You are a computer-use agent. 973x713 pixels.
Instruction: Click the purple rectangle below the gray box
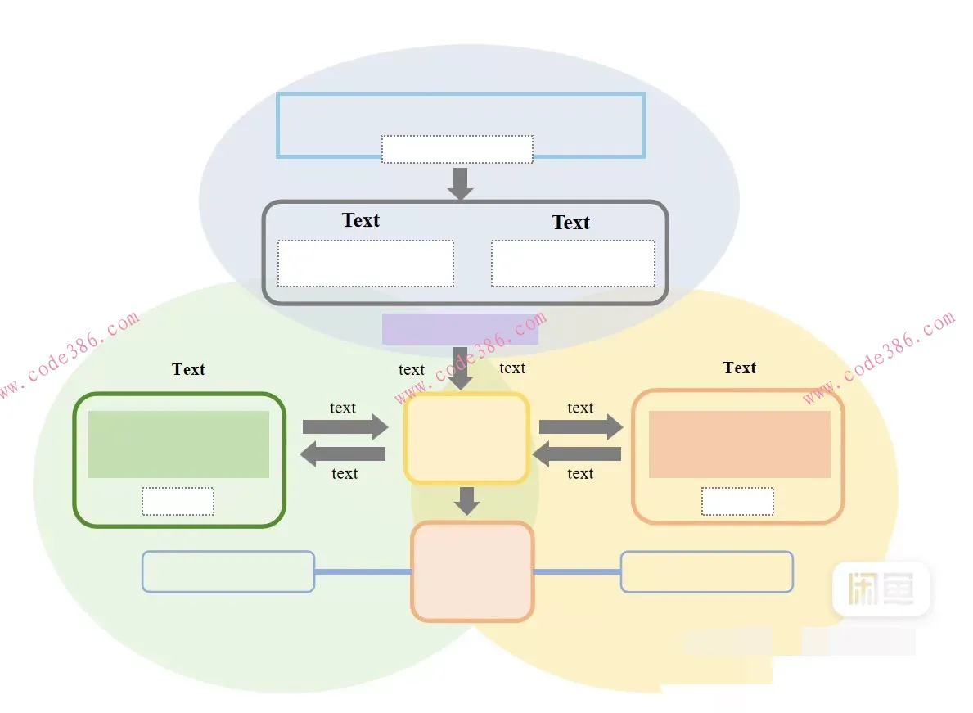(460, 329)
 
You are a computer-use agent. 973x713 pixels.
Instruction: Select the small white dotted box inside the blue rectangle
(457, 149)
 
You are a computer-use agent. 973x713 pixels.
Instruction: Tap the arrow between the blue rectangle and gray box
(461, 183)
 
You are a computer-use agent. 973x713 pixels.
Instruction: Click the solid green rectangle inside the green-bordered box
(178, 444)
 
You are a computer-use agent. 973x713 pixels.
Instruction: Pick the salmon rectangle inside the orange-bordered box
(740, 444)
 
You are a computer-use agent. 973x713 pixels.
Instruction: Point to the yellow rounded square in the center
(466, 439)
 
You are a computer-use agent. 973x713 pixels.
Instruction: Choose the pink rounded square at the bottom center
(472, 571)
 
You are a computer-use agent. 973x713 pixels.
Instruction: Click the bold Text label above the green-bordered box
(188, 369)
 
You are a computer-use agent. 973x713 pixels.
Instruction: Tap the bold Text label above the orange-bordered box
(740, 368)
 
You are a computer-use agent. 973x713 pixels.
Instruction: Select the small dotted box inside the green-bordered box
(178, 502)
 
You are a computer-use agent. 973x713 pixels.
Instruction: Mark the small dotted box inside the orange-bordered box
(737, 502)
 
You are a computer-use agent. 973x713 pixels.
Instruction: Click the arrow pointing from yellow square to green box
(342, 454)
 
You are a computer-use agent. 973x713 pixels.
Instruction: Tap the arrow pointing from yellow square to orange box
(580, 426)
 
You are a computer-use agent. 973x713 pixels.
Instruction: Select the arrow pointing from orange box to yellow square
(577, 454)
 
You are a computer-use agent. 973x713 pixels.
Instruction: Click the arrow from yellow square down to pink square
(466, 500)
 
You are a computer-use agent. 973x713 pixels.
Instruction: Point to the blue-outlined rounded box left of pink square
(228, 571)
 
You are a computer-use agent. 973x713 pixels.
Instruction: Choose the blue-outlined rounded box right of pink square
(707, 571)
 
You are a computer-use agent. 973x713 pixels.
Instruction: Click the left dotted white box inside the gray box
(366, 264)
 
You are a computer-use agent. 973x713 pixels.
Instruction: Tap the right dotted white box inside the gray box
(573, 264)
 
